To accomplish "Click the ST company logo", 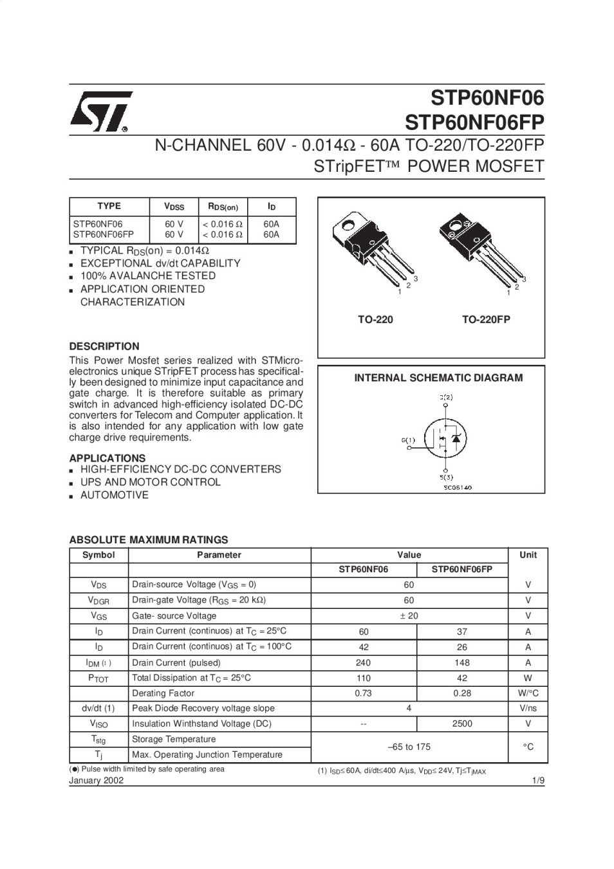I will point(100,112).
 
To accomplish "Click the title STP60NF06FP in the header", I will point(474,122).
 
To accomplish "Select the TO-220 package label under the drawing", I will point(375,319).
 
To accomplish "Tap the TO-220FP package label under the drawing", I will point(486,319).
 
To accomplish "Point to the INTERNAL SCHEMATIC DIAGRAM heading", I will point(438,378).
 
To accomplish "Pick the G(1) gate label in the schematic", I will point(408,440).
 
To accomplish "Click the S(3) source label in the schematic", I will point(446,477).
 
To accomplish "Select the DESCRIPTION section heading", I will point(104,346).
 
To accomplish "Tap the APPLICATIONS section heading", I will point(107,458).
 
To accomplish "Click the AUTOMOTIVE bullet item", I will point(114,495).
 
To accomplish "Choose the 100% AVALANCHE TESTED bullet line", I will point(147,276).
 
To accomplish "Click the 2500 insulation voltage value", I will point(462,724).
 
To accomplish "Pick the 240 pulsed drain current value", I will point(364,662).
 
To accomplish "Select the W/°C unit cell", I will point(528,693).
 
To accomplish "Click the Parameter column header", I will point(219,555).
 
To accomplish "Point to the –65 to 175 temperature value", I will point(409,747).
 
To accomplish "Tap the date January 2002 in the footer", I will point(97,781).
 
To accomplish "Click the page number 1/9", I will point(538,781).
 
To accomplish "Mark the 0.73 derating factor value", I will point(364,693).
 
